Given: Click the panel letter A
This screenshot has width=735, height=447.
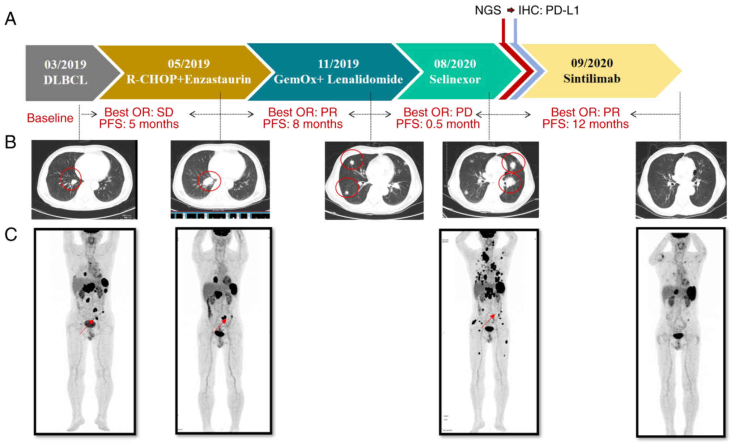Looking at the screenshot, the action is [x=10, y=19].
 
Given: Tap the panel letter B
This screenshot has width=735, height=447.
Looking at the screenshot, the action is [x=10, y=142].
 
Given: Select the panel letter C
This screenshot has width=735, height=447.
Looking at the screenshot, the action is [x=10, y=235].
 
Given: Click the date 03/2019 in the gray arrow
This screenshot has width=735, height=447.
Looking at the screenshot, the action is [x=65, y=64].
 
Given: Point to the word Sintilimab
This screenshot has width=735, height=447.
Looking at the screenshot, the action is [x=592, y=78].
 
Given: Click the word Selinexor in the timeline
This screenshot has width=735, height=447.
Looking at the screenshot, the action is [x=455, y=79].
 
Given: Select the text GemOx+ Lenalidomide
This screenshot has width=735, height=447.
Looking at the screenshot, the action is [x=338, y=79].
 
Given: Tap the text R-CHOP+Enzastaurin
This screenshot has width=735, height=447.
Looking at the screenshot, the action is [x=188, y=79].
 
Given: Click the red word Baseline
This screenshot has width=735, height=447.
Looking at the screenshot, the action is [x=50, y=118].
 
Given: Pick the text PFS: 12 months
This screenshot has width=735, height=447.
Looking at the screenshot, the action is [x=585, y=124].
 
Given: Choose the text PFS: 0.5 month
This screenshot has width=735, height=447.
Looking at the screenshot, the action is [x=438, y=124].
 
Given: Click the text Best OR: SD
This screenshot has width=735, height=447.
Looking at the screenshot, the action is [x=139, y=112].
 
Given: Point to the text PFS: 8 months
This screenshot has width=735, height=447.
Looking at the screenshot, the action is [x=302, y=124].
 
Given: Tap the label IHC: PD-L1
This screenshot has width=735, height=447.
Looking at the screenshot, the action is [x=548, y=10].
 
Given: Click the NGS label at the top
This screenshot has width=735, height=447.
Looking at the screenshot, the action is [x=488, y=10].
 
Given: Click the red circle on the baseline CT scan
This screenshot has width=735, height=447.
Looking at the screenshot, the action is [x=71, y=179].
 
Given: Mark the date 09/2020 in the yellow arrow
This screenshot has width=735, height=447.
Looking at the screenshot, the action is [x=592, y=63].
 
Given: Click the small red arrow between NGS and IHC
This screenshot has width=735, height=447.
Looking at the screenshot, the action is [x=510, y=10].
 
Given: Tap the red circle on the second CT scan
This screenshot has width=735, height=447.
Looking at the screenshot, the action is [x=209, y=181].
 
